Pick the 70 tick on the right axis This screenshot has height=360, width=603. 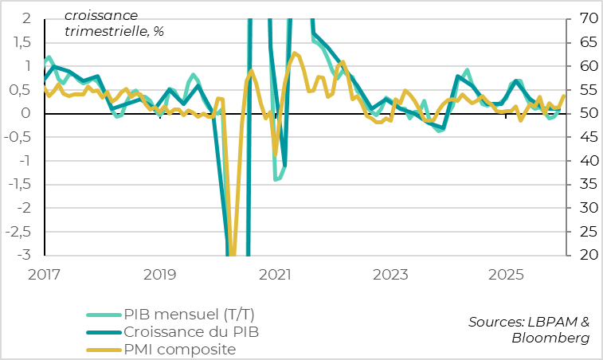pos(583,18)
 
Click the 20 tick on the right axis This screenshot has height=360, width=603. pos(583,256)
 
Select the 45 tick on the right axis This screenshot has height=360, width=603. pos(583,137)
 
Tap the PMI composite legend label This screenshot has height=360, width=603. pos(179,349)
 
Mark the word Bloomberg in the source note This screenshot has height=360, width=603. pos(551,338)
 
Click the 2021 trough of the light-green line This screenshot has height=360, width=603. pos(276,179)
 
